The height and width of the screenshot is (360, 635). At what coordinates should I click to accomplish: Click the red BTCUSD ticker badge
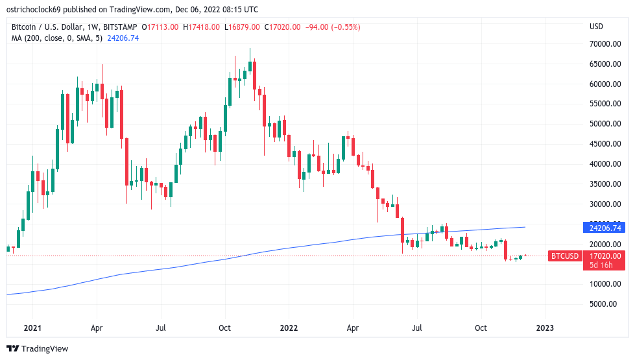coord(564,256)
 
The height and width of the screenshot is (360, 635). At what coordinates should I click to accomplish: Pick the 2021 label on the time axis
coord(32,328)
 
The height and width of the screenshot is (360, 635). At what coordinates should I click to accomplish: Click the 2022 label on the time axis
coord(289,328)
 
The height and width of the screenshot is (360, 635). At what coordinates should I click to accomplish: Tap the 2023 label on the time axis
coord(545,328)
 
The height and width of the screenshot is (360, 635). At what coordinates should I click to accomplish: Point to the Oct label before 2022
coord(224,328)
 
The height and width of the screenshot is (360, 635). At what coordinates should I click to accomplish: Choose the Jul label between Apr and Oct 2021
coord(160,328)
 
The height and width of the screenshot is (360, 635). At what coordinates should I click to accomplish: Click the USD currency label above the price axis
coord(596,27)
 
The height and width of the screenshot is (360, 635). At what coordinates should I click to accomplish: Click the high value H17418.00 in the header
coord(203,27)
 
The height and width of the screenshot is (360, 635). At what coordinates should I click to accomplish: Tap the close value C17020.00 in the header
coord(284,27)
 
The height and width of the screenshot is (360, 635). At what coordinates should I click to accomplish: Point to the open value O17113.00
coord(162,27)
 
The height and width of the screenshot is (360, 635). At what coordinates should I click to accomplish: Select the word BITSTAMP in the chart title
coord(121,27)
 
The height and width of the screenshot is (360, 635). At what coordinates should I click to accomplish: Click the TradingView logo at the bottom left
coord(37,348)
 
